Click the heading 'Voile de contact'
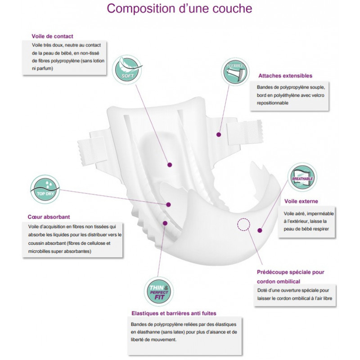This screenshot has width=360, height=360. tap(52, 36)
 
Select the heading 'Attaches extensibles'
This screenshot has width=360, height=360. tap(285, 76)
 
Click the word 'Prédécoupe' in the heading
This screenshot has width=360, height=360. tap(273, 272)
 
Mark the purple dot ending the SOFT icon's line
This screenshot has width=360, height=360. tap(169, 165)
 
